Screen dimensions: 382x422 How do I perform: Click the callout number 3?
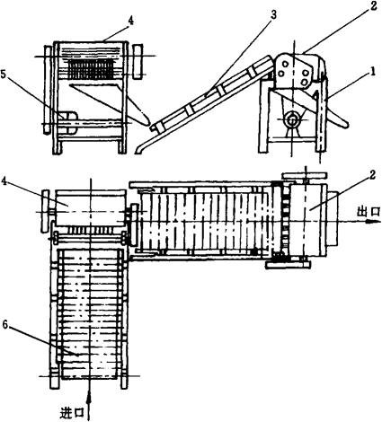pyautogui.click(x=273, y=16)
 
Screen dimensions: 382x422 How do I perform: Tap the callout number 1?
pyautogui.click(x=372, y=72)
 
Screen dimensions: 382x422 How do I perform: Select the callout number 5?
pyautogui.click(x=4, y=75)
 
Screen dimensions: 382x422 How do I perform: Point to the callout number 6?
pyautogui.click(x=5, y=324)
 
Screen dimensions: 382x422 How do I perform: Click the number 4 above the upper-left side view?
pyautogui.click(x=130, y=20)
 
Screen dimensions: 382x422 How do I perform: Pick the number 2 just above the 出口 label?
pyautogui.click(x=372, y=175)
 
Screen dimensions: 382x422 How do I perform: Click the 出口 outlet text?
pyautogui.click(x=369, y=212)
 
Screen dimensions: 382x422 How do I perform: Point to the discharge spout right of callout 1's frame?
pyautogui.click(x=338, y=118)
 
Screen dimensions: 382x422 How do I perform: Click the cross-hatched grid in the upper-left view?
pyautogui.click(x=91, y=69)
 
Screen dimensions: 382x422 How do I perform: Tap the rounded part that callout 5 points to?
pyautogui.click(x=69, y=123)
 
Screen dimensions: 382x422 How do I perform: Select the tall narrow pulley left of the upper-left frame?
pyautogui.click(x=48, y=89)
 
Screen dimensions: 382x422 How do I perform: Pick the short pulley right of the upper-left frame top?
pyautogui.click(x=138, y=61)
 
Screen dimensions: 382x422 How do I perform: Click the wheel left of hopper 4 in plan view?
pyautogui.click(x=46, y=211)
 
